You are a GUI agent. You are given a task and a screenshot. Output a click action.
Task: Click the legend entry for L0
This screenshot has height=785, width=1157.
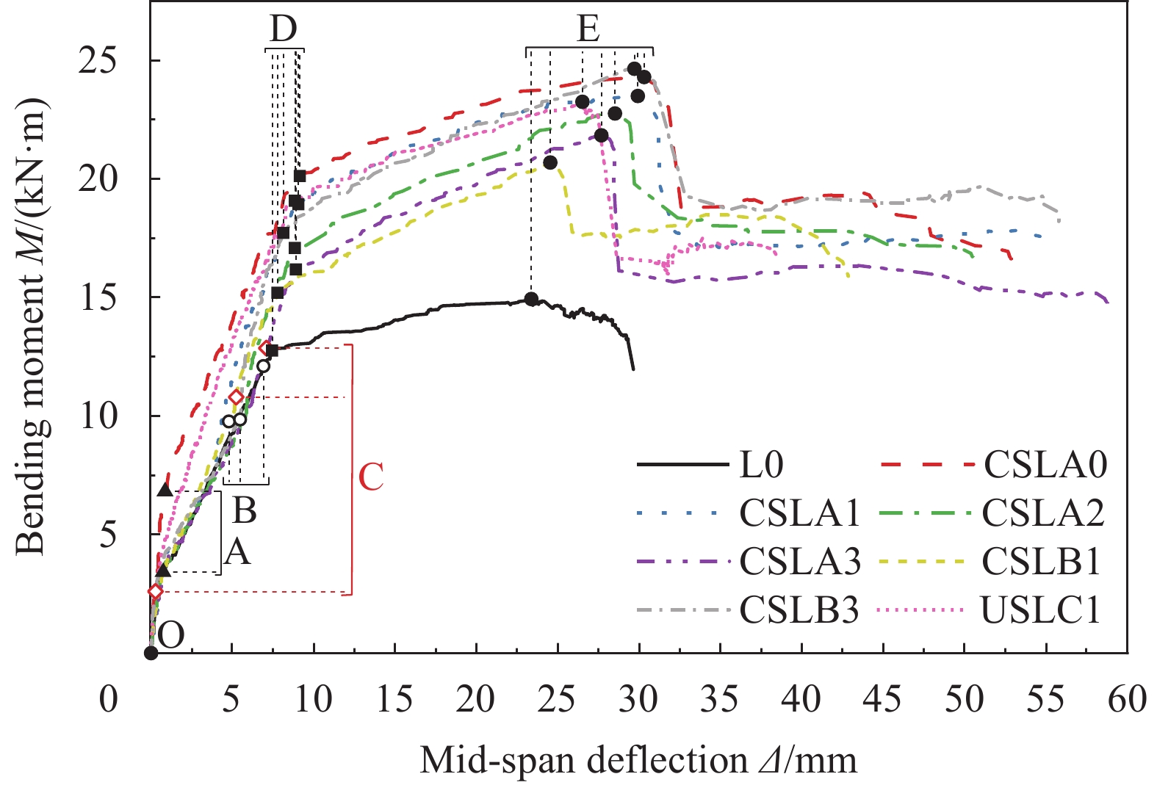click(x=761, y=465)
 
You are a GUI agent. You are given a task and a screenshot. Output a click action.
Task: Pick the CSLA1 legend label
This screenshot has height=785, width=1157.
click(x=799, y=513)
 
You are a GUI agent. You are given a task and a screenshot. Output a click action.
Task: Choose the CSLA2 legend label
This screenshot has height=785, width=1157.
click(x=1043, y=513)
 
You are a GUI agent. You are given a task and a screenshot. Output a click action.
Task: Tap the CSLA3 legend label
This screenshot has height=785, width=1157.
click(x=799, y=562)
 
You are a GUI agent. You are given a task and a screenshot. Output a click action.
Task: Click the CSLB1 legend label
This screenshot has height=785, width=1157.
click(x=1042, y=562)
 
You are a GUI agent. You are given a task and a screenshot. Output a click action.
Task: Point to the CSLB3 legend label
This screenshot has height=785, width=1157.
click(x=799, y=609)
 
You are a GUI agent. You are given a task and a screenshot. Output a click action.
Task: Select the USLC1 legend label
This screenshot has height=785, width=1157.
click(x=1041, y=609)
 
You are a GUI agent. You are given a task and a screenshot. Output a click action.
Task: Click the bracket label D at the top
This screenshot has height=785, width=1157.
click(x=283, y=29)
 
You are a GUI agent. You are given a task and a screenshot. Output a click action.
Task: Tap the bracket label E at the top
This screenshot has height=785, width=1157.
click(x=588, y=29)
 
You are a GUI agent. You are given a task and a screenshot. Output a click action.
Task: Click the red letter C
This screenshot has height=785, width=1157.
click(x=371, y=477)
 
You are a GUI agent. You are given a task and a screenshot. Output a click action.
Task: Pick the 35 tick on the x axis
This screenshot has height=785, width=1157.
click(x=720, y=700)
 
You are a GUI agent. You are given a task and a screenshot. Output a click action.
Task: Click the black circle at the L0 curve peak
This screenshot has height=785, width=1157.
click(x=531, y=299)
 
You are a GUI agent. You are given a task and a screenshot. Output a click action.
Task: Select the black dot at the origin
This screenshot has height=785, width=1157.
click(x=151, y=653)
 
